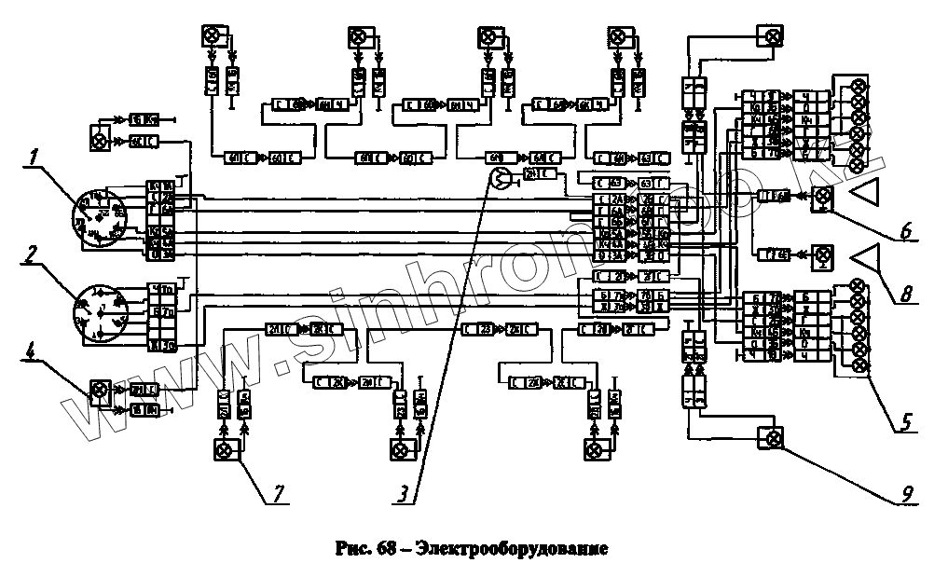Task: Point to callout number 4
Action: (x=33, y=354)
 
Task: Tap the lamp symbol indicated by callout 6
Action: (x=822, y=197)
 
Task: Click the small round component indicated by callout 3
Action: (x=501, y=180)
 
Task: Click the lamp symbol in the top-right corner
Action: (x=772, y=37)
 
